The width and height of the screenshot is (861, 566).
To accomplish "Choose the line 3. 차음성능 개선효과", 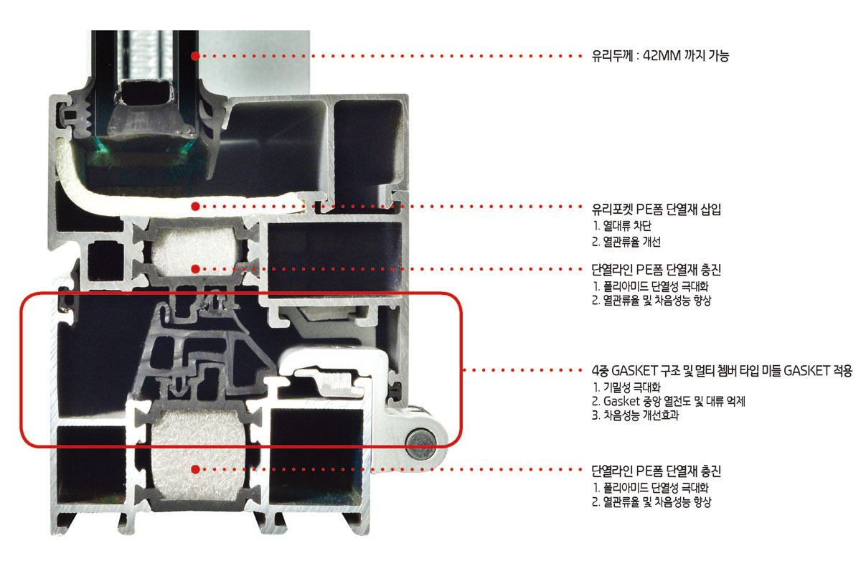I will click(x=635, y=416).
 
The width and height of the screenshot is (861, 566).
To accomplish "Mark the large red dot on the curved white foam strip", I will click(x=195, y=206).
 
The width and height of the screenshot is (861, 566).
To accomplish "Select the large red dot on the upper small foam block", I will click(x=195, y=268).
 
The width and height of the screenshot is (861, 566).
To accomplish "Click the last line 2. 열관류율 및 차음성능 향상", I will click(x=652, y=502).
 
